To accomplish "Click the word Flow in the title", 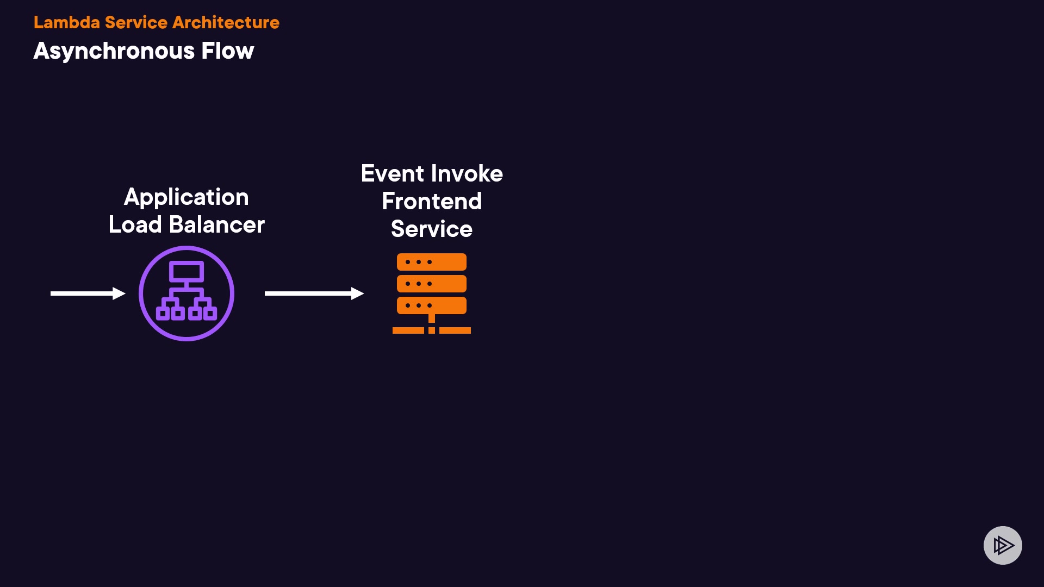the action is tap(227, 51).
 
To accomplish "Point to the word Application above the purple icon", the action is tap(186, 197).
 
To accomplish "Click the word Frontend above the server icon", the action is tap(432, 202).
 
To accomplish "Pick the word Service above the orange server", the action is tap(432, 229).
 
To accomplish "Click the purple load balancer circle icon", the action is tap(187, 293).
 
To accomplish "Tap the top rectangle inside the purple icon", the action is tap(187, 271).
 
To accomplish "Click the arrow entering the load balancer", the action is tap(88, 293).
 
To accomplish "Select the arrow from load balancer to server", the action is tap(314, 293).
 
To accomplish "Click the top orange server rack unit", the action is tap(432, 262).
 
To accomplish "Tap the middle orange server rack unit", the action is tap(432, 284).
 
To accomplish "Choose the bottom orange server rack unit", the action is tap(432, 305).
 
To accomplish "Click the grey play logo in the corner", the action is tap(1003, 545).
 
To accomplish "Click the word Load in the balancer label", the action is tap(135, 224).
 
